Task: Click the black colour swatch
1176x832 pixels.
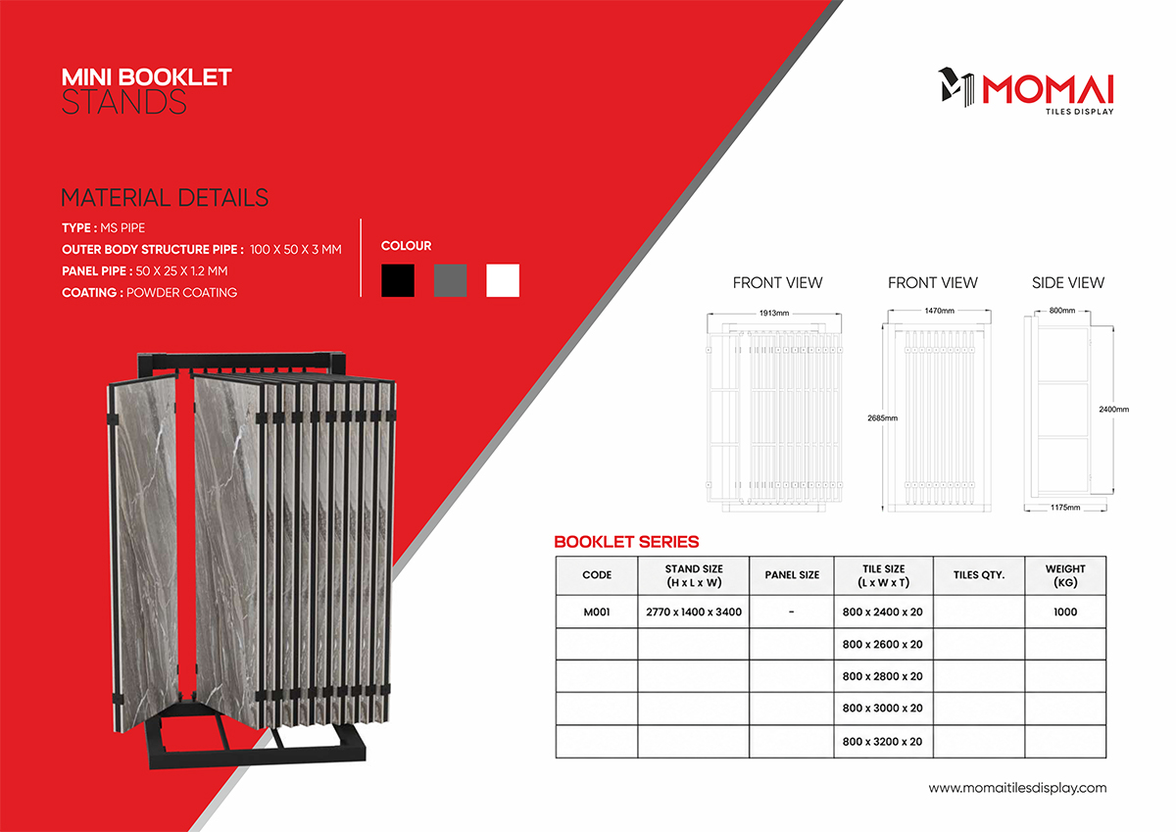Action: click(398, 280)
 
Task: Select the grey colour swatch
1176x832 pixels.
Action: click(451, 280)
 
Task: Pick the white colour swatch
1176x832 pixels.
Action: click(503, 280)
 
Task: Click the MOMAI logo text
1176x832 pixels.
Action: click(1048, 90)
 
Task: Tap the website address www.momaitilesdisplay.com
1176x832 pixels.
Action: click(1017, 788)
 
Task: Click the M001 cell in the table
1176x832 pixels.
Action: click(597, 612)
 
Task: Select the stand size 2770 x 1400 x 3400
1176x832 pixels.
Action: click(694, 612)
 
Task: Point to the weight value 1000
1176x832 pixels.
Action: click(1065, 612)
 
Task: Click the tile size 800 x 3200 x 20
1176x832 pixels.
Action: click(883, 741)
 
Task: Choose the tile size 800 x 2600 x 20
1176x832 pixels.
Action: click(883, 644)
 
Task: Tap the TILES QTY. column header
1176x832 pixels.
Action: click(979, 575)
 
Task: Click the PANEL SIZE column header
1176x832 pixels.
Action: click(792, 575)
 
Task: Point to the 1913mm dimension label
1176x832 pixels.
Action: click(774, 313)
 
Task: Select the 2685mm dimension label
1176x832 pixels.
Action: click(883, 417)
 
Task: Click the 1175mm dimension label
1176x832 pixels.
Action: click(1065, 507)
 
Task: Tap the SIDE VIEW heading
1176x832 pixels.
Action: click(1068, 283)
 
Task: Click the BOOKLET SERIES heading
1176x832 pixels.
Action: click(626, 542)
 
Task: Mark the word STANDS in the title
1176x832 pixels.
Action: click(123, 102)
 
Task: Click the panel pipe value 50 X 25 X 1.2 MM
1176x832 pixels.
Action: click(181, 270)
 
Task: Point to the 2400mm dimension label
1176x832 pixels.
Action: click(1113, 409)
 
